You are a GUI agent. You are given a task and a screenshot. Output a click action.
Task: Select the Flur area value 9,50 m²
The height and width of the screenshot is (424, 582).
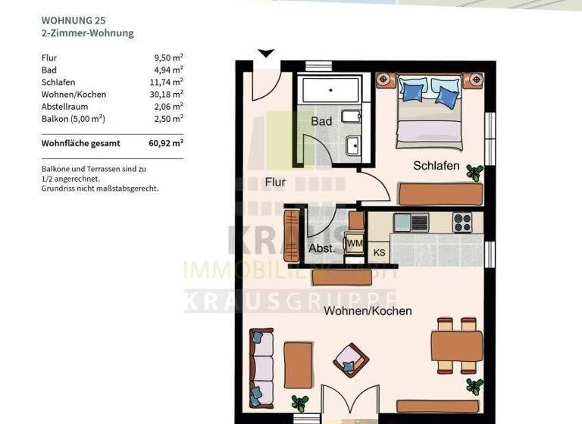click(168, 58)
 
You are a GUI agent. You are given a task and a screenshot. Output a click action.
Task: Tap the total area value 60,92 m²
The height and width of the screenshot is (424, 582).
click(167, 142)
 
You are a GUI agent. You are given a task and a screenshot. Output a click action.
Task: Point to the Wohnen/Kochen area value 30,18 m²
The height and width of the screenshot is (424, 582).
click(167, 95)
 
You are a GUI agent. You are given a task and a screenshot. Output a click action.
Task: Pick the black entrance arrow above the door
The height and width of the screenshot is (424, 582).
click(265, 53)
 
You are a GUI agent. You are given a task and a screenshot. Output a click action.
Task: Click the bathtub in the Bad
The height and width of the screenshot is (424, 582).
click(333, 89)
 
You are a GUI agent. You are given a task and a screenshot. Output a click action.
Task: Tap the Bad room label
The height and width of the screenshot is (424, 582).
click(321, 121)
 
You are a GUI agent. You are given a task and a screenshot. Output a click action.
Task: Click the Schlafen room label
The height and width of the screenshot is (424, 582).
click(436, 165)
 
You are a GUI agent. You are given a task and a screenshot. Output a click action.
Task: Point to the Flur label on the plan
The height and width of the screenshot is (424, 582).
click(275, 182)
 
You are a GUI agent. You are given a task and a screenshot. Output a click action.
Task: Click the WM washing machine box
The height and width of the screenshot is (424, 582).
click(354, 243)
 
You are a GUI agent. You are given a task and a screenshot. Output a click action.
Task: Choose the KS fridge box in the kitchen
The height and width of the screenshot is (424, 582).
click(379, 252)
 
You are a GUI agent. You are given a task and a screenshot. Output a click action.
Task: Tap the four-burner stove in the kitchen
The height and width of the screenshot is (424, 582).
click(462, 223)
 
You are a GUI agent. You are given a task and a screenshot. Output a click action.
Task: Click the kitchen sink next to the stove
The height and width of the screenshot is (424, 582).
click(411, 223)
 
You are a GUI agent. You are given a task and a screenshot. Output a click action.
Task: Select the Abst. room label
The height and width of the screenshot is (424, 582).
click(321, 248)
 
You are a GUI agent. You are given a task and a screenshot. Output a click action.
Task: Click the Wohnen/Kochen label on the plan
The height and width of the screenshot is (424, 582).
click(368, 310)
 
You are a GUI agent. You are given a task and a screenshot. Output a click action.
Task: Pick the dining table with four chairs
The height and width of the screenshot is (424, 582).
click(457, 346)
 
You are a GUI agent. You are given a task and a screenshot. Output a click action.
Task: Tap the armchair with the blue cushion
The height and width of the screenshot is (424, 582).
click(351, 360)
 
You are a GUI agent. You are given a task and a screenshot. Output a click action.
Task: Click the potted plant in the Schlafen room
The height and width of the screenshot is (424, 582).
click(474, 172)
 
